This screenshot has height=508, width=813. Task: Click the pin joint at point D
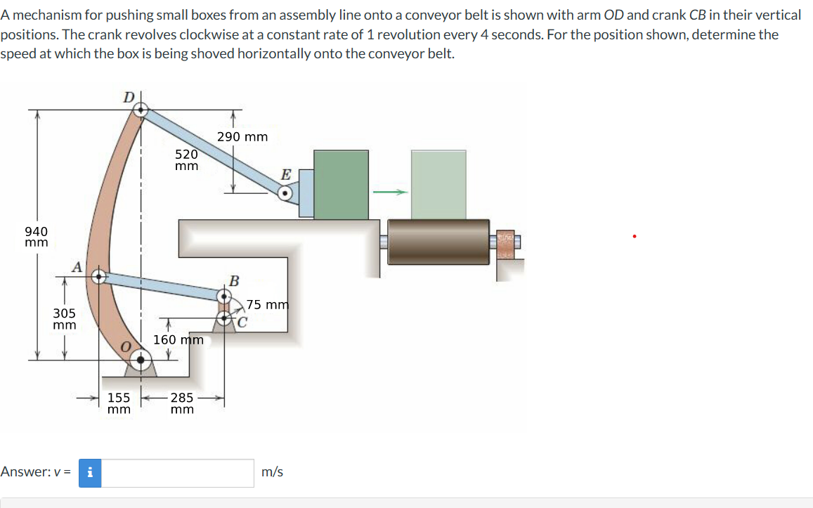[x=141, y=109]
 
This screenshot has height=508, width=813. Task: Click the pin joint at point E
[x=285, y=193]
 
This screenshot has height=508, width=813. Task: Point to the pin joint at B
[x=224, y=296]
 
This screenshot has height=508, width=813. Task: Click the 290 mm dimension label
[x=242, y=137]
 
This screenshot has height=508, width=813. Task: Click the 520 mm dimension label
[x=186, y=160]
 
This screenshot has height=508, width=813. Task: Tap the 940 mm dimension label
[x=37, y=237]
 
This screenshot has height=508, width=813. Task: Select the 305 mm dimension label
[x=65, y=318]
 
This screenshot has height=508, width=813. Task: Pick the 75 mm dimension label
[x=268, y=305]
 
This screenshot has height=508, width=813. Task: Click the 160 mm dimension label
[x=178, y=340]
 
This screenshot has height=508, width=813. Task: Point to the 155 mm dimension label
[x=119, y=403]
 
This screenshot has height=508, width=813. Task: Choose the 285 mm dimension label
[x=182, y=403]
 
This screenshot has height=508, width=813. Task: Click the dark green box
[x=341, y=184]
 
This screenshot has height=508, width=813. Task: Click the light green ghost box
[x=438, y=184]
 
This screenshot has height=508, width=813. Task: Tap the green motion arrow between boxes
[x=390, y=193]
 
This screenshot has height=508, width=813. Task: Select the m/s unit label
[x=273, y=472]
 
